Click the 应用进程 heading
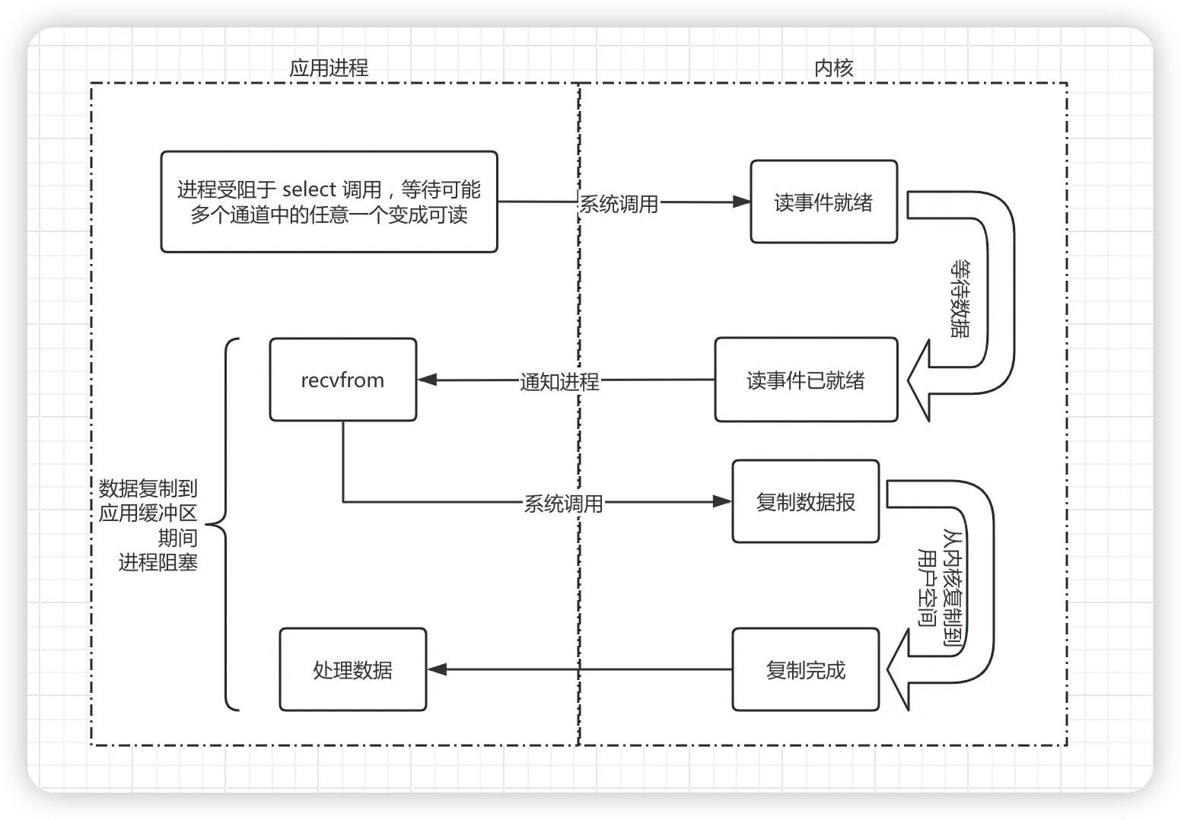tap(329, 68)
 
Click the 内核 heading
tap(834, 68)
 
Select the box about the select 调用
tap(329, 202)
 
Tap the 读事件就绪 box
tap(823, 202)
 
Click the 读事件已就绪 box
tap(806, 380)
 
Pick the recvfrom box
tap(342, 380)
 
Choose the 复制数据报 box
tap(805, 502)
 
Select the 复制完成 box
tap(805, 670)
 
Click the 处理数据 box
tap(352, 670)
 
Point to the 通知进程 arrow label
tap(559, 381)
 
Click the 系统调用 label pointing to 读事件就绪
tap(619, 204)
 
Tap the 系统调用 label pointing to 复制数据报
tap(563, 504)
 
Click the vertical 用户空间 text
tap(928, 586)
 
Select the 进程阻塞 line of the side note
tap(158, 563)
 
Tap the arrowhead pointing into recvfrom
tap(427, 380)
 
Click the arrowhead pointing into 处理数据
tap(437, 669)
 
